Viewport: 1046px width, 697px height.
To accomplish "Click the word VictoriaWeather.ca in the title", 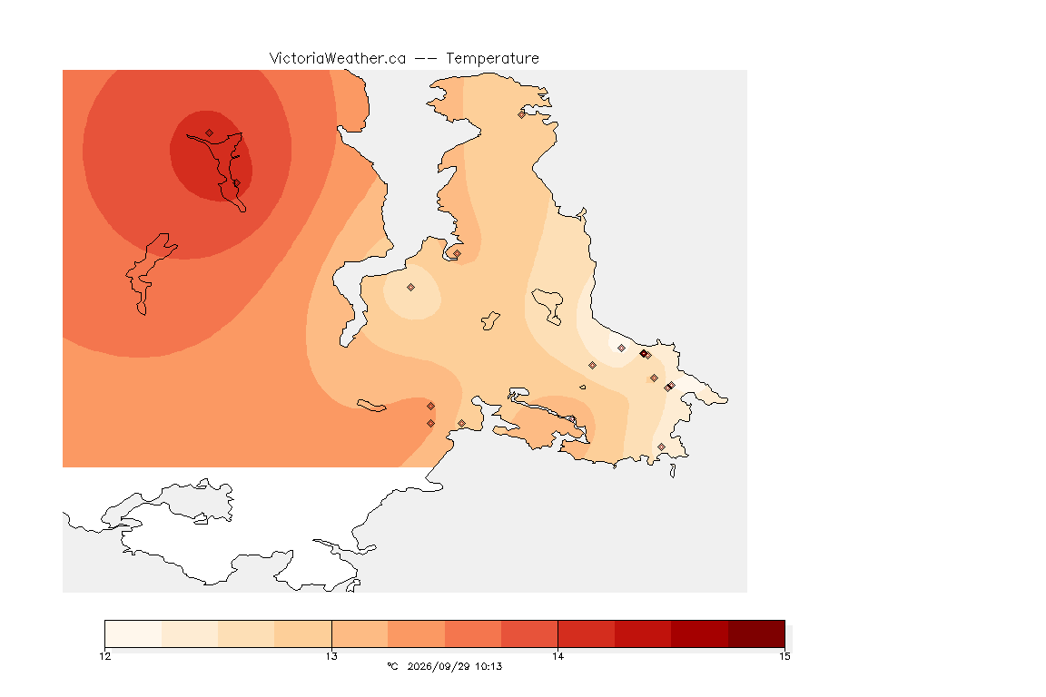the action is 338,59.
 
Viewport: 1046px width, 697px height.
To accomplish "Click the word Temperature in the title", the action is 492,59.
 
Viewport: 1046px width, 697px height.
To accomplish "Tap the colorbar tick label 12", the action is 105,656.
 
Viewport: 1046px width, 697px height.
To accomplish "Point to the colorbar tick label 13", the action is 331,656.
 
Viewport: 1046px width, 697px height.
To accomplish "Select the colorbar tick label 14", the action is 558,656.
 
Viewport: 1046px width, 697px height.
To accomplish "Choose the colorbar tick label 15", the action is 784,656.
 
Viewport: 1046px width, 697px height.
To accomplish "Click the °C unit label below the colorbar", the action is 392,666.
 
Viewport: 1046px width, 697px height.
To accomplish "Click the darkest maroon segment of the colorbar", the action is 756,633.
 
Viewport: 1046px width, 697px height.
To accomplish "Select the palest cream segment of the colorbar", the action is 133,633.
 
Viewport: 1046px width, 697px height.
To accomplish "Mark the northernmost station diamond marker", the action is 522,114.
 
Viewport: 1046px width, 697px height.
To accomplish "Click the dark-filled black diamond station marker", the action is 643,354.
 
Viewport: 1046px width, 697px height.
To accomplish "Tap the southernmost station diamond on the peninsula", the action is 661,447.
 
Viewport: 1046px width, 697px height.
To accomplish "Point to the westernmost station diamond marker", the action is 210,133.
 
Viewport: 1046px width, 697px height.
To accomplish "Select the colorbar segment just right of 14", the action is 587,633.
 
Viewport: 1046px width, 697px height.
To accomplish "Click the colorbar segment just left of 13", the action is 303,633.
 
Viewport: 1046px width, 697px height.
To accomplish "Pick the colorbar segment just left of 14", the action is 529,633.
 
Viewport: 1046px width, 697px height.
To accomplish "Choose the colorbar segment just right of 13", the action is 360,633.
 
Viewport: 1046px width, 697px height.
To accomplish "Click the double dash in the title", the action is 426,59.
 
